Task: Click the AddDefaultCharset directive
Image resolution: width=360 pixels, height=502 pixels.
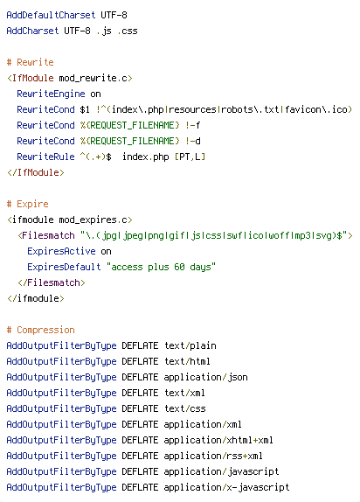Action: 51,15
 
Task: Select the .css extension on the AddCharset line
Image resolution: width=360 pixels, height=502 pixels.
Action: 128,31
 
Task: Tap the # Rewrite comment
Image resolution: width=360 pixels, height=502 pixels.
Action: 30,62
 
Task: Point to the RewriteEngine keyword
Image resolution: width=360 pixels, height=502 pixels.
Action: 51,94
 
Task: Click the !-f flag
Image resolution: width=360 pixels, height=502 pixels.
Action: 192,125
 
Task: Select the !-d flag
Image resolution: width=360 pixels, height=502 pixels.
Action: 192,141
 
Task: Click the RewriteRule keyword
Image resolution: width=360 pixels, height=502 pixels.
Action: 45,157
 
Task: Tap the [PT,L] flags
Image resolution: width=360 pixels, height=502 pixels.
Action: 190,157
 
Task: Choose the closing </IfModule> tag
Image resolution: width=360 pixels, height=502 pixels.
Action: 36,172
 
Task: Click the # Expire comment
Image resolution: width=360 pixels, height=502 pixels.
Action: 27,204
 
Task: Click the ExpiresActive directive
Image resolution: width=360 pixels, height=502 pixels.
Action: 61,251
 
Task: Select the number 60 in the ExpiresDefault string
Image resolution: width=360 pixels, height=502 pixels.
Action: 179,267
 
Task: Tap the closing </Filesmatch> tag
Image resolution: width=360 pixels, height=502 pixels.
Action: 52,282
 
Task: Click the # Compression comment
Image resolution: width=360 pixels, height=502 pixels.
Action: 41,330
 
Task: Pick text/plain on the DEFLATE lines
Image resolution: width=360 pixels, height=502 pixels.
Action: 190,345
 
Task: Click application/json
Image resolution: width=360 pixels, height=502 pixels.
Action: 205,377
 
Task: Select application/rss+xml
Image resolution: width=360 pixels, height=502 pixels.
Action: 213,456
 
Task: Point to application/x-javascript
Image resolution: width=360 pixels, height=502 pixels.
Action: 226,487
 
